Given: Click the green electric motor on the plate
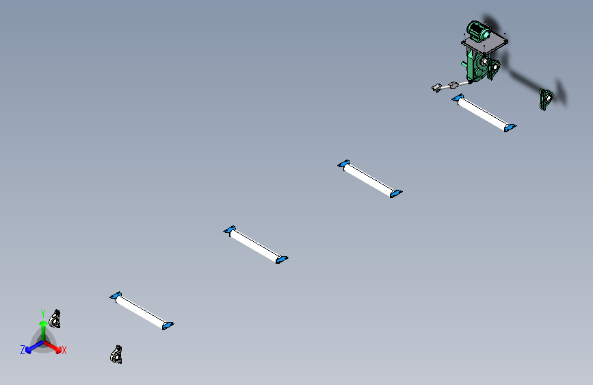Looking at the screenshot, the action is click(478, 31).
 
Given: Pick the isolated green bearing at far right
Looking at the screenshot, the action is click(546, 99).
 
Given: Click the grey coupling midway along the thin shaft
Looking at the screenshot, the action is click(453, 85).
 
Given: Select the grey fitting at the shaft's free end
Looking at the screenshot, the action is click(436, 88).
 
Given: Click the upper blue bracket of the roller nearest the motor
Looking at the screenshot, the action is click(458, 98).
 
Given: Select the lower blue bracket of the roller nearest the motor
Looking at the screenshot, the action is click(510, 127).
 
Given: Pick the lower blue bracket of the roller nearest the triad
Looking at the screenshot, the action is click(168, 325).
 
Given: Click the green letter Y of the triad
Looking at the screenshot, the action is click(43, 313).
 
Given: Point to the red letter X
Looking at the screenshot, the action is click(64, 350).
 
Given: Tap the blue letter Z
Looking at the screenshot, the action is click(23, 350).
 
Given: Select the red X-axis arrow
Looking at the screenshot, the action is click(52, 347).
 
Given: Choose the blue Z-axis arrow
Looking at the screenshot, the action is click(34, 347).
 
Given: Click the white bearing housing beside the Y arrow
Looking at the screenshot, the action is click(55, 319).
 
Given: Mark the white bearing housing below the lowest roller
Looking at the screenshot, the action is click(116, 355).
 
